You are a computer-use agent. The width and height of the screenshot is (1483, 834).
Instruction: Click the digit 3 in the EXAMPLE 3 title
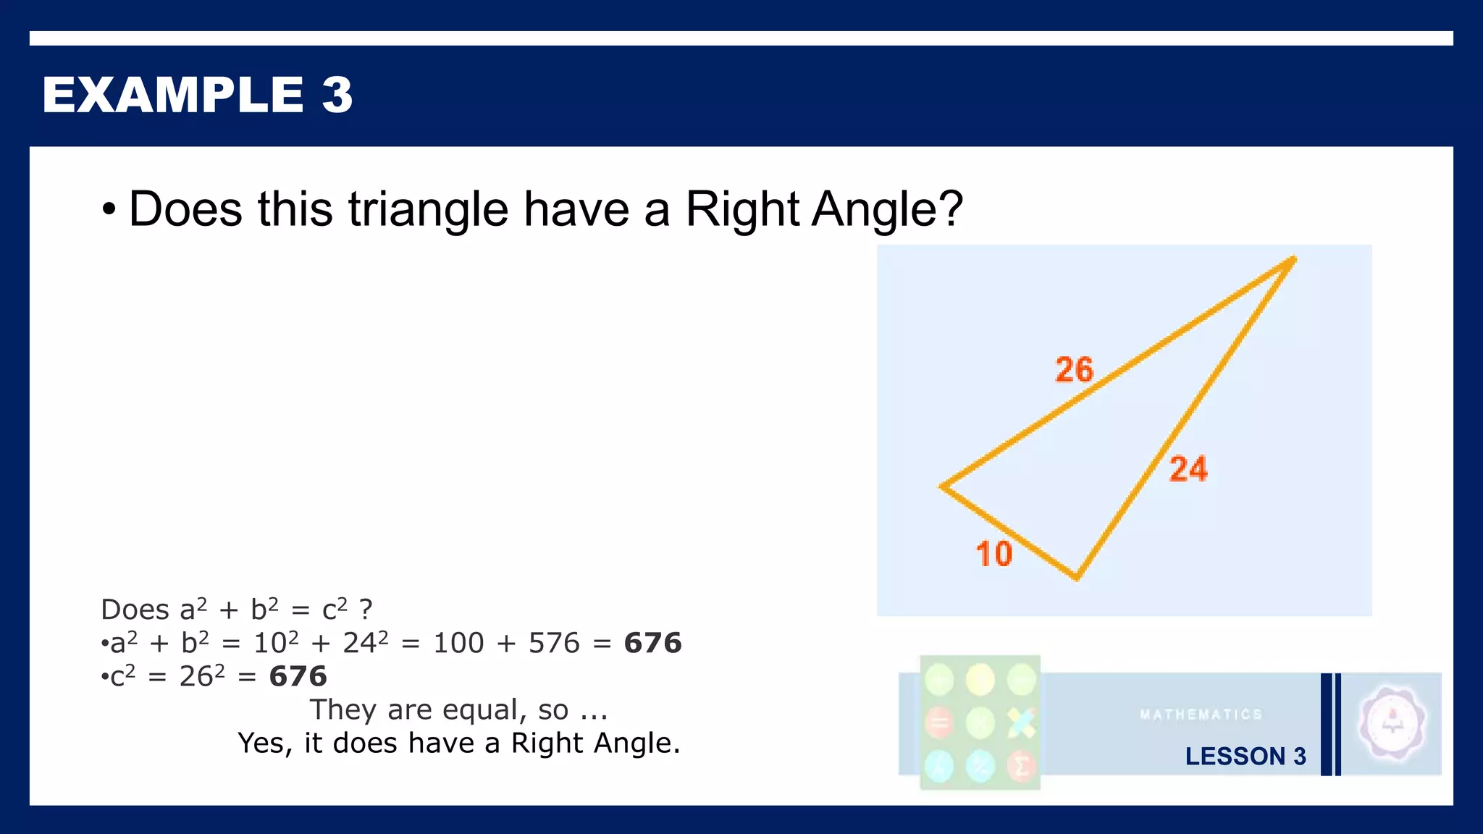(337, 95)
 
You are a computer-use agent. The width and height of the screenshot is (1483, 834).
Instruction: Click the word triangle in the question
(428, 209)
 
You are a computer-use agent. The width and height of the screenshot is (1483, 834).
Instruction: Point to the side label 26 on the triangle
(1074, 370)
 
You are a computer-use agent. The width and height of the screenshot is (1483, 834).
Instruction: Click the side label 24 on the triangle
(1188, 469)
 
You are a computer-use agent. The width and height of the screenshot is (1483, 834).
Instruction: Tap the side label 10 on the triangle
(993, 555)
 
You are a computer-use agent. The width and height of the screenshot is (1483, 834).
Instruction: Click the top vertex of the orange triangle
(1293, 258)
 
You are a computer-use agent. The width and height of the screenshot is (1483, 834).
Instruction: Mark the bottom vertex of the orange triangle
(1077, 578)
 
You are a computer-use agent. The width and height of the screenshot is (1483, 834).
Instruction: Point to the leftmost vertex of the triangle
(941, 486)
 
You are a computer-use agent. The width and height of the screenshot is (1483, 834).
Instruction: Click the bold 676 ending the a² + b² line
(652, 643)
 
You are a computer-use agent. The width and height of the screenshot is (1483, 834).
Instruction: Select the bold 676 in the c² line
(298, 676)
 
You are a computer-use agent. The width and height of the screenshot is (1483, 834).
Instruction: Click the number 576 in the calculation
(554, 643)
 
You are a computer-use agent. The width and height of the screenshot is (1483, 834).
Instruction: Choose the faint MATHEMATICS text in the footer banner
(1201, 715)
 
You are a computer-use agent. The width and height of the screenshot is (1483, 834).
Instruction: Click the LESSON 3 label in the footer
(1245, 757)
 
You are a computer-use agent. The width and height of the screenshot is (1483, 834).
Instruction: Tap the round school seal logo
(1392, 723)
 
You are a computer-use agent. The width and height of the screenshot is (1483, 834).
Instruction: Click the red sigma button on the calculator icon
(1021, 766)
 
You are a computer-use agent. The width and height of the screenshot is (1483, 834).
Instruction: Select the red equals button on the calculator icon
(939, 723)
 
